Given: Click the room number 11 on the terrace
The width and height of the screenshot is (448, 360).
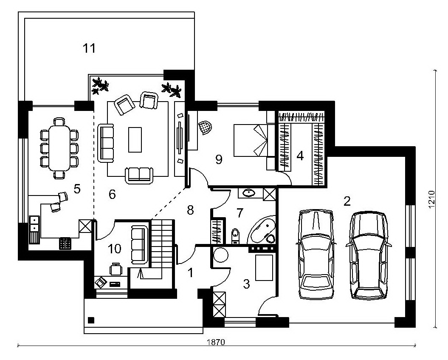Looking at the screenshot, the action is click(x=89, y=48).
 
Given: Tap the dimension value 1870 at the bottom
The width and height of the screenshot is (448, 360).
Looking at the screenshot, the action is click(x=216, y=342).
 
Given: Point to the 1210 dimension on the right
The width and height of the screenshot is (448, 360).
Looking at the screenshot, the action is click(x=431, y=200).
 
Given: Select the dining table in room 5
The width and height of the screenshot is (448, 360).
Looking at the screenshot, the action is click(x=59, y=148).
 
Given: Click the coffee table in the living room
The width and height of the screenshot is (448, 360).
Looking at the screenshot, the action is click(x=135, y=139).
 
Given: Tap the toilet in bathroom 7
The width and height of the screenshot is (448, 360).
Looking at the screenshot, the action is click(x=235, y=236).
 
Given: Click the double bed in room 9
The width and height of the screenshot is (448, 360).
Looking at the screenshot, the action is click(x=251, y=140).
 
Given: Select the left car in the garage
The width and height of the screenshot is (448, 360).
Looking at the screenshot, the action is click(x=316, y=255).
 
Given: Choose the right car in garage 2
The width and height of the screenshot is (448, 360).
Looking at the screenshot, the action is click(x=368, y=255).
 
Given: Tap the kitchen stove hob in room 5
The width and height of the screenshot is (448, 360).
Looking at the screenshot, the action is click(x=65, y=244).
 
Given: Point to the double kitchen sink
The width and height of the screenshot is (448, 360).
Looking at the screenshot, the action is click(x=34, y=224).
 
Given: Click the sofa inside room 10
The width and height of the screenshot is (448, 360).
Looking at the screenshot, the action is click(x=140, y=244).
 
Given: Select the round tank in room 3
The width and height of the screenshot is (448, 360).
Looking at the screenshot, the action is click(x=220, y=255).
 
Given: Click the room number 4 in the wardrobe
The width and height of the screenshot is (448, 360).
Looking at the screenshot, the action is click(x=300, y=156).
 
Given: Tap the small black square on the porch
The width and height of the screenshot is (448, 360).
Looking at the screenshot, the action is click(x=91, y=320).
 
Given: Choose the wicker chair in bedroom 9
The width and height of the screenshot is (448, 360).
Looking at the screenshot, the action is click(x=205, y=127).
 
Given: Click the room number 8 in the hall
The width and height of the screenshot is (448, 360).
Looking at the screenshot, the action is click(x=190, y=210).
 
